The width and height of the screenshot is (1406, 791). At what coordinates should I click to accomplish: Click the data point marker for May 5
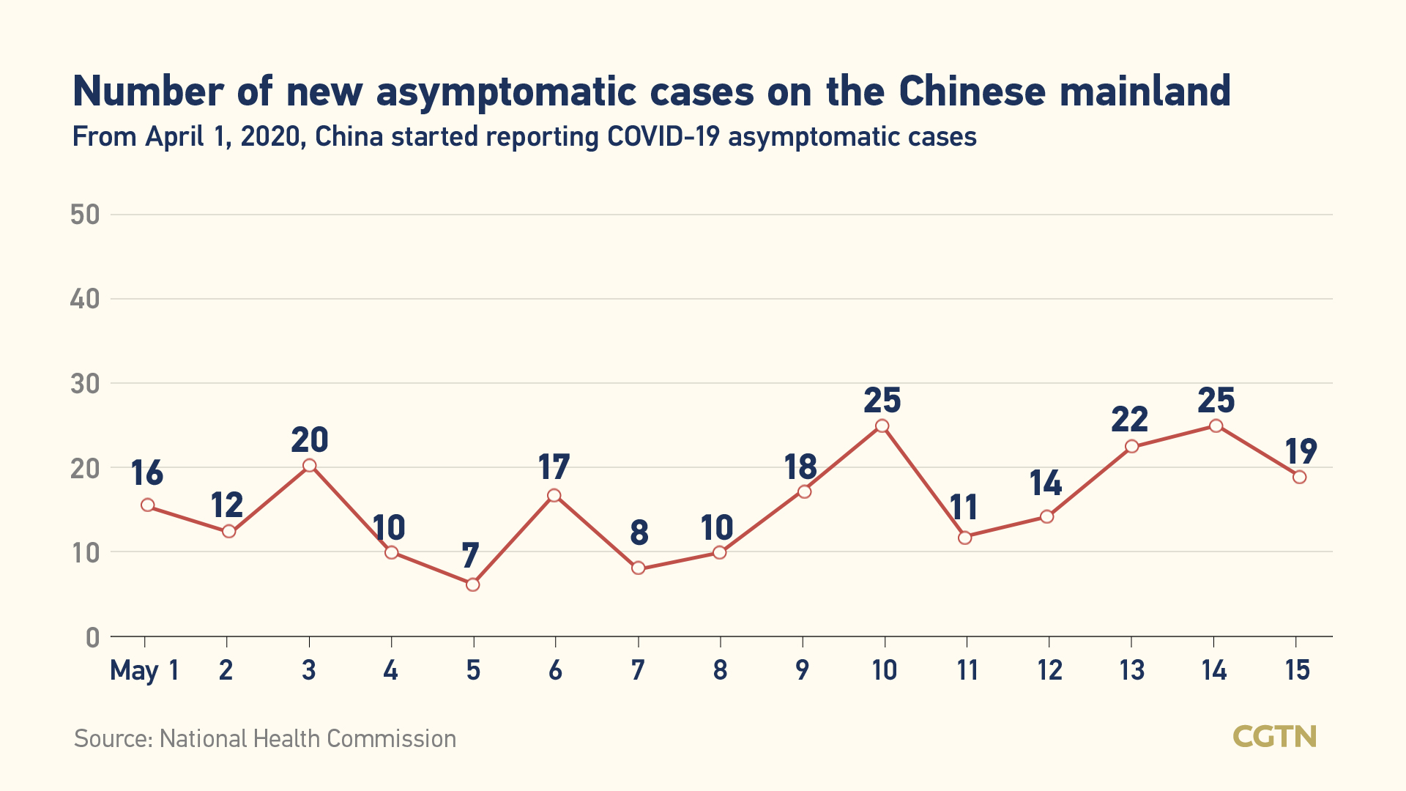click(x=472, y=584)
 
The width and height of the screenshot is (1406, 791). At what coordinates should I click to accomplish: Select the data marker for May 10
click(x=882, y=426)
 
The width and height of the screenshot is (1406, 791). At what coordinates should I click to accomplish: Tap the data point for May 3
click(x=309, y=466)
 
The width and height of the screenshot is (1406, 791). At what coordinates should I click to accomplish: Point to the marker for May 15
click(x=1299, y=477)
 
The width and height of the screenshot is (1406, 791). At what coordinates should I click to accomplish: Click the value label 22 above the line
click(x=1129, y=420)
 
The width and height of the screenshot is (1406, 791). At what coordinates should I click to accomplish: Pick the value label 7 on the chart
click(x=470, y=555)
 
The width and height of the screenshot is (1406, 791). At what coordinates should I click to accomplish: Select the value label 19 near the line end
click(x=1301, y=451)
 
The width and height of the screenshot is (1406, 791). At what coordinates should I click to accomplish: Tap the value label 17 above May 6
click(x=554, y=467)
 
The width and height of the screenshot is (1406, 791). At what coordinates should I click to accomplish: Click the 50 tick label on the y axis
click(x=85, y=215)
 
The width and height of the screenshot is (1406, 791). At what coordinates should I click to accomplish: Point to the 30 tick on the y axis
click(x=85, y=383)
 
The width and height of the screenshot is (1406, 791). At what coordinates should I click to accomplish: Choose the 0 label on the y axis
click(x=92, y=638)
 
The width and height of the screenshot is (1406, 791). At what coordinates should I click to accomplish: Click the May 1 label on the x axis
click(x=144, y=670)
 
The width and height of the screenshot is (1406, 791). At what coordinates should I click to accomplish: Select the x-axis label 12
click(x=1049, y=670)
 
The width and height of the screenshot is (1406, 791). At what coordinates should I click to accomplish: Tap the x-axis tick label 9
click(x=803, y=670)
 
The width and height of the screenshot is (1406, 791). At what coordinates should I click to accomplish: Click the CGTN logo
click(x=1274, y=736)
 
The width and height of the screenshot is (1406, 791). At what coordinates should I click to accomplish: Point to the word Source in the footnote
click(x=113, y=738)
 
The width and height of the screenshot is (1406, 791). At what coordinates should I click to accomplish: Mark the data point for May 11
click(x=964, y=538)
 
